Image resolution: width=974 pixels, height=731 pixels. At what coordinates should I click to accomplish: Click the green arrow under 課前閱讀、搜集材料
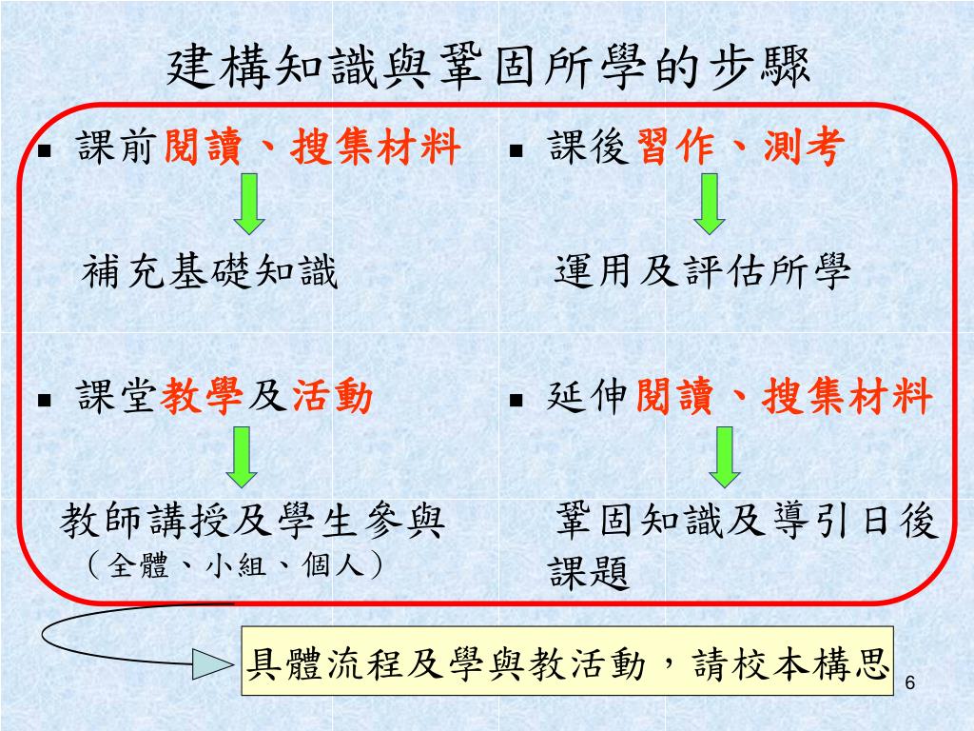[x=249, y=202]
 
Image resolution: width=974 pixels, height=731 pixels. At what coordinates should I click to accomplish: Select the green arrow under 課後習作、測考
[x=709, y=202]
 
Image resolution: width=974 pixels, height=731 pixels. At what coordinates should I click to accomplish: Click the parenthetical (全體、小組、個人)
[x=234, y=566]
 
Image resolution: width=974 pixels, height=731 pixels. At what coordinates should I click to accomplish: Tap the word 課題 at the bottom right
[x=590, y=573]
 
